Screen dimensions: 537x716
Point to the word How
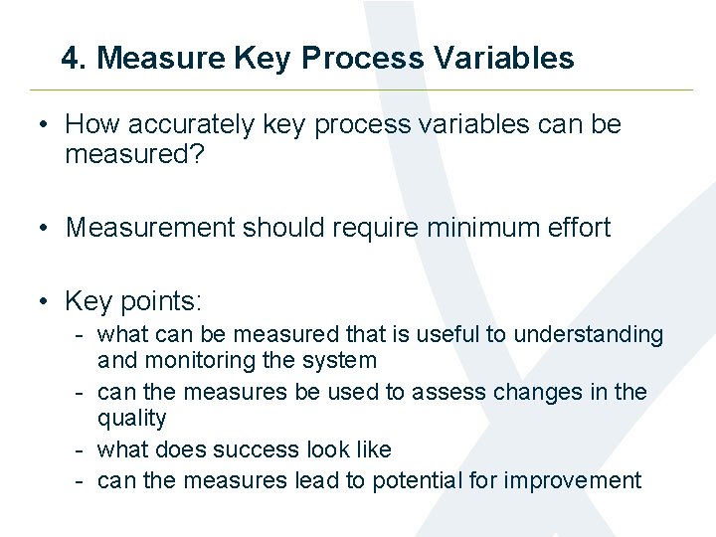pos(90,125)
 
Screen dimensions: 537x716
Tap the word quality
pos(131,419)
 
